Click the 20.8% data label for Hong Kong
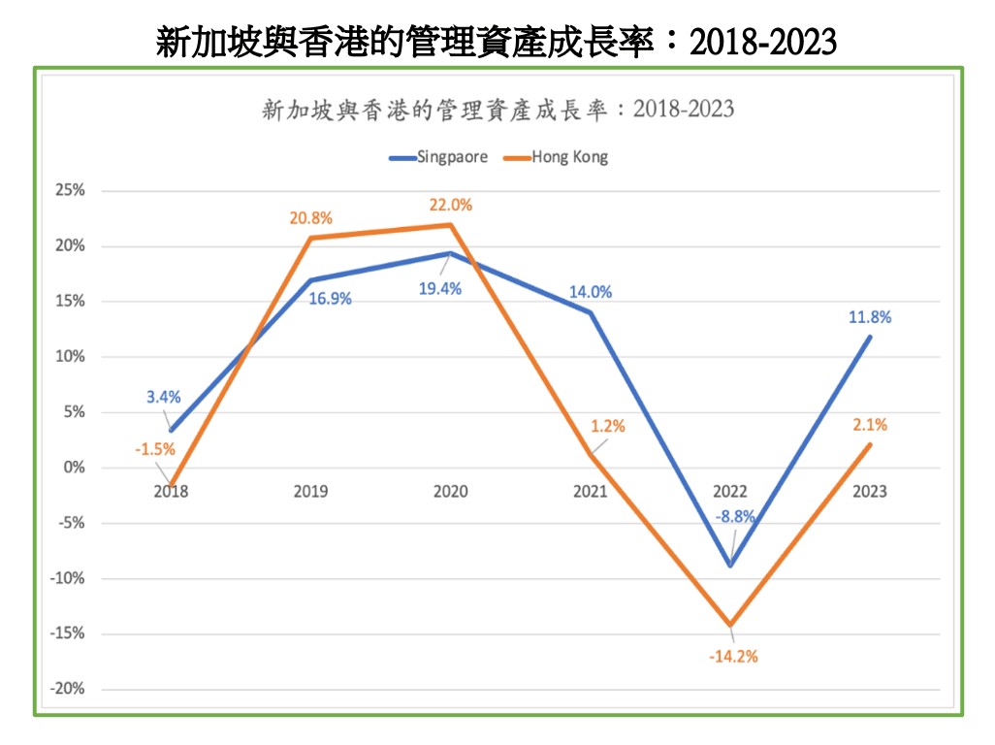point(311,218)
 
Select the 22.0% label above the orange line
point(451,205)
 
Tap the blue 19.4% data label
point(440,288)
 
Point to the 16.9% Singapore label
point(330,299)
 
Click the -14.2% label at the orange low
point(732,656)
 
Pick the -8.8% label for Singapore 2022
point(735,516)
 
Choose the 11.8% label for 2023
point(870,316)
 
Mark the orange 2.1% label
point(871,424)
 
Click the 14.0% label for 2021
point(591,292)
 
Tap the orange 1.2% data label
point(608,426)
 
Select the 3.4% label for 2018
point(164,396)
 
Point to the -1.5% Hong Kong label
point(155,448)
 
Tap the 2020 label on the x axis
point(450,491)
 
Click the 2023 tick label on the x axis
point(869,491)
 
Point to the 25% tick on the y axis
point(70,191)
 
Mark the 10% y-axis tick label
point(70,357)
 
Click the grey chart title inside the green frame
point(497,109)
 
